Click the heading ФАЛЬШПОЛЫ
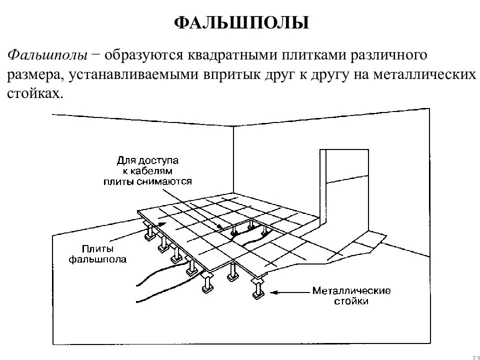click(241, 22)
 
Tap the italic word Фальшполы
click(47, 55)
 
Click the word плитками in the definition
click(314, 55)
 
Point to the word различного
click(388, 55)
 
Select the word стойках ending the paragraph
click(35, 93)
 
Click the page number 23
click(476, 356)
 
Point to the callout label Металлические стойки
click(351, 295)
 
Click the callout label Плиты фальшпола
click(97, 254)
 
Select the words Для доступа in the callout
click(147, 160)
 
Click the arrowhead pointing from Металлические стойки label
click(274, 292)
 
